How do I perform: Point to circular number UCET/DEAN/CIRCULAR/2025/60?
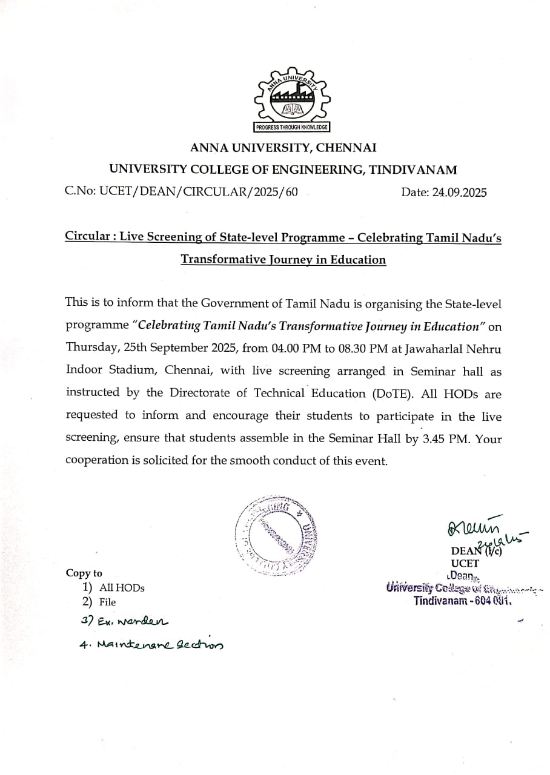pyautogui.click(x=199, y=193)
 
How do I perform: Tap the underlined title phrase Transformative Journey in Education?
pyautogui.click(x=283, y=260)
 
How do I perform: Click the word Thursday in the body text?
pyautogui.click(x=90, y=349)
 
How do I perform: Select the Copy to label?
pyautogui.click(x=84, y=573)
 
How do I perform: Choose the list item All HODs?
pyautogui.click(x=122, y=587)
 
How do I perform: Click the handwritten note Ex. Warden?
pyautogui.click(x=125, y=621)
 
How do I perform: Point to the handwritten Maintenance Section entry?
pyautogui.click(x=151, y=645)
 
